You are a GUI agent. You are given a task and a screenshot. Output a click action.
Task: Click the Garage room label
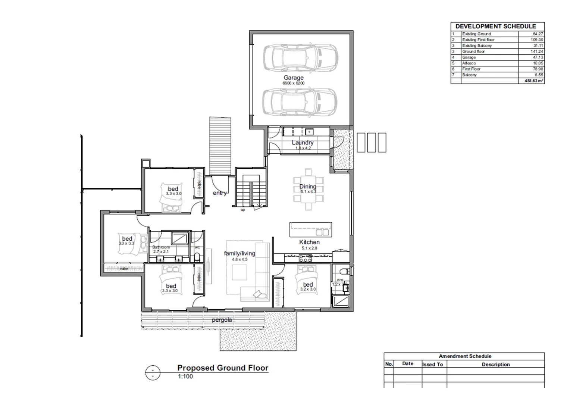(294, 78)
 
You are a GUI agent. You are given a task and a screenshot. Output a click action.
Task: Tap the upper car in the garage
(300, 58)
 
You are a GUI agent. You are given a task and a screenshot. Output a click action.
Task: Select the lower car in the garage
(300, 102)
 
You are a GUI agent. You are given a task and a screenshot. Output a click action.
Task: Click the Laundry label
(303, 143)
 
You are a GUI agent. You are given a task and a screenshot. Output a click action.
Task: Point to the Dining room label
(308, 187)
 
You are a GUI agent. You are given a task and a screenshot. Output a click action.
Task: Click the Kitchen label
(309, 242)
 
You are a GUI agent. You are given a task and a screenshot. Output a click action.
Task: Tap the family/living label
(239, 253)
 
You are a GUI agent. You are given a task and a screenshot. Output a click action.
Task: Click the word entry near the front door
(220, 193)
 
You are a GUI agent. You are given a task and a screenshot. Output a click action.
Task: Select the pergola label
(222, 320)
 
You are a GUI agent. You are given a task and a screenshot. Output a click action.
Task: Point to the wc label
(197, 247)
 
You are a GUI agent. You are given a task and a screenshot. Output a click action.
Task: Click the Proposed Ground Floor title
(223, 368)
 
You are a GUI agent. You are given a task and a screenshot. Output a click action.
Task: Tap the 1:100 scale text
(185, 377)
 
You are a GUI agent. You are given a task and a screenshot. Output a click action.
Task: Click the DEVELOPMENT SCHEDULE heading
(495, 26)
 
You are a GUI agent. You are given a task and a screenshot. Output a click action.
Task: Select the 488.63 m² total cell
(534, 81)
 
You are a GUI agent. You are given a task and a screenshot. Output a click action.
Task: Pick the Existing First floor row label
(478, 40)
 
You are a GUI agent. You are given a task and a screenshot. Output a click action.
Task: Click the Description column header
(495, 365)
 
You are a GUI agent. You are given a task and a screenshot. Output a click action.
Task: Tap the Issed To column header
(433, 365)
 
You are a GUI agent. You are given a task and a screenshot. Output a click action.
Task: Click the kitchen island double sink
(322, 232)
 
